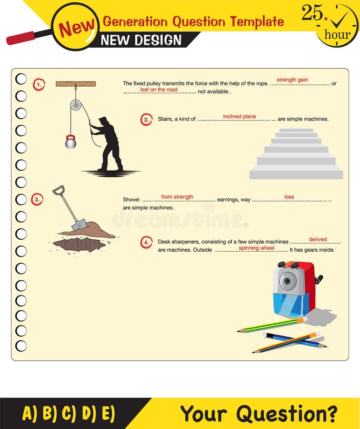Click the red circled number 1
(x=39, y=85)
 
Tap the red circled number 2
(x=146, y=119)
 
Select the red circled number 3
(x=37, y=199)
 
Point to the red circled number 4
(x=146, y=242)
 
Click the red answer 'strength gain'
(x=292, y=80)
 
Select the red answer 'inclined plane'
(x=240, y=116)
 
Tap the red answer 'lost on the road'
(x=159, y=90)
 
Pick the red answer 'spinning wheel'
(x=256, y=248)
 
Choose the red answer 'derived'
(x=318, y=239)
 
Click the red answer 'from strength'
(x=177, y=197)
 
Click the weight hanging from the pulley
(x=70, y=142)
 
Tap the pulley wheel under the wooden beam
(x=76, y=105)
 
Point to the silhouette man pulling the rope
(x=109, y=143)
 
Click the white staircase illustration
(x=296, y=154)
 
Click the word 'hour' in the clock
(x=337, y=35)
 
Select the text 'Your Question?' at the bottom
(x=259, y=413)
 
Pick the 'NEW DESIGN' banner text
(x=141, y=40)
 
